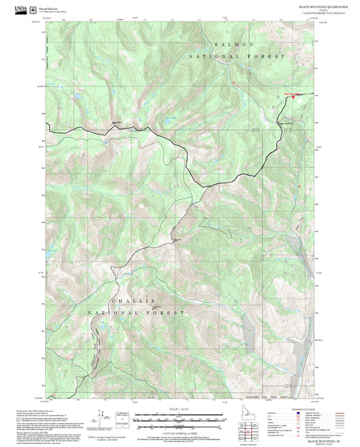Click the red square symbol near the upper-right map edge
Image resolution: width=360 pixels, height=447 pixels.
pyautogui.click(x=293, y=97)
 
